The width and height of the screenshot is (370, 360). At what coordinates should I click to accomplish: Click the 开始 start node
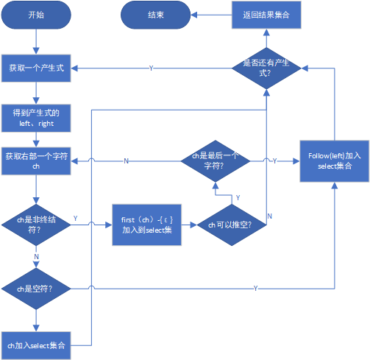tap(35, 15)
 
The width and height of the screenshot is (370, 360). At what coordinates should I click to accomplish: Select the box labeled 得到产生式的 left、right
tap(35, 117)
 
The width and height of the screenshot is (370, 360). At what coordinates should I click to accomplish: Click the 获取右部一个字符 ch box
tap(35, 161)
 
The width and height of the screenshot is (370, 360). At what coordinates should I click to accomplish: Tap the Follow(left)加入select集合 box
tap(334, 161)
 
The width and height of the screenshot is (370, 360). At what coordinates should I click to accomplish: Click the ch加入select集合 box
tap(35, 345)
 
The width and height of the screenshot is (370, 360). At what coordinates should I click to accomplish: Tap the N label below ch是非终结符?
tap(37, 255)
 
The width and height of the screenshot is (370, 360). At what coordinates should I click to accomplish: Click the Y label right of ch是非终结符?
tap(76, 219)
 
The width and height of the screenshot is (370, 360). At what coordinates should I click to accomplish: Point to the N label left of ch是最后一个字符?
tap(126, 160)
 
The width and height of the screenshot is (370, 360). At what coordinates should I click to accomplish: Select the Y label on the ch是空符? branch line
tap(255, 287)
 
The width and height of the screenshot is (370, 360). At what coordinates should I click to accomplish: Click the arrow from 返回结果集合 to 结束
tap(210, 15)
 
